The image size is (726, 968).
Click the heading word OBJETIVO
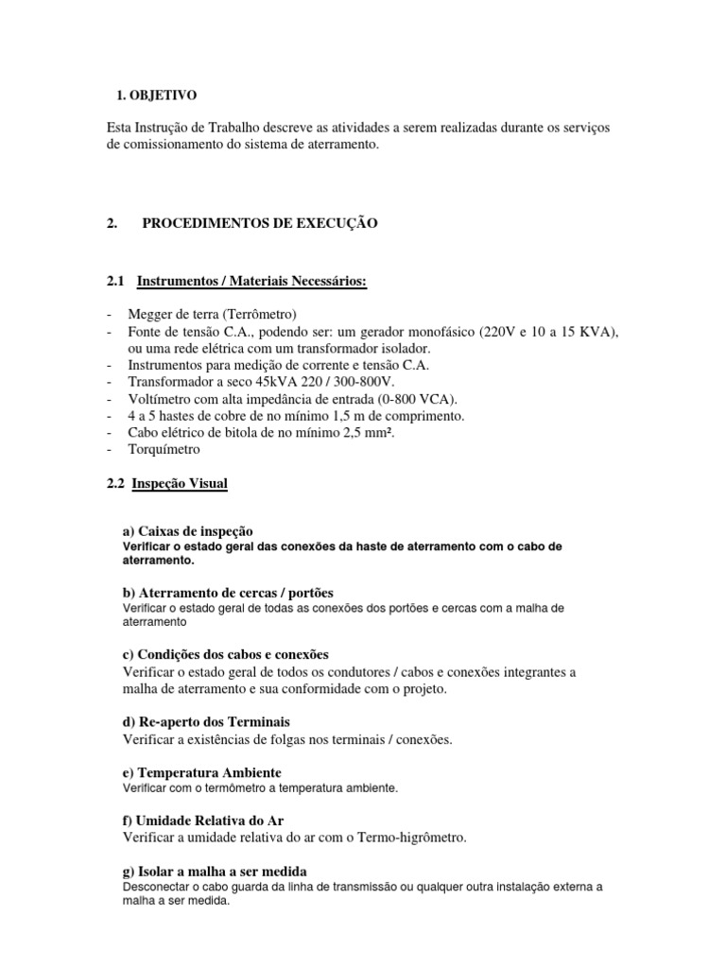[164, 95]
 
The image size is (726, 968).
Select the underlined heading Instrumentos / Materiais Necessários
[251, 282]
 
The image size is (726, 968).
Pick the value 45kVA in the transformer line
[255, 382]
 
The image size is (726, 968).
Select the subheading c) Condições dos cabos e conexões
[226, 654]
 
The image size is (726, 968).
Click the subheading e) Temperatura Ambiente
[202, 772]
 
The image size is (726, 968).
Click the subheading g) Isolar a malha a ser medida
[216, 871]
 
